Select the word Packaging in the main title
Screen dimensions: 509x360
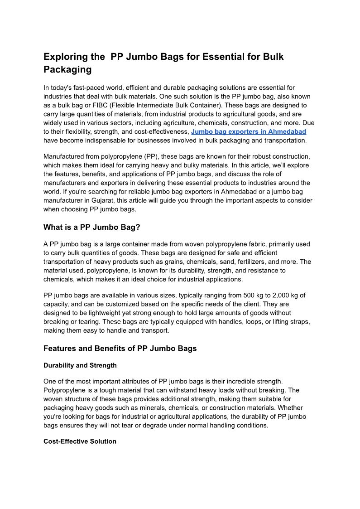[x=67, y=69]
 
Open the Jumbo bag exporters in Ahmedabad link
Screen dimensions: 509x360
[x=249, y=131]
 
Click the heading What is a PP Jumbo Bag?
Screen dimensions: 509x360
[x=92, y=227]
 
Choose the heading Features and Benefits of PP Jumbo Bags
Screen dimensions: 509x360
[x=120, y=349]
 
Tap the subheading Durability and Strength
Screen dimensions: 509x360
[x=80, y=365]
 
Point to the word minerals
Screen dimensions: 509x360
[x=134, y=408]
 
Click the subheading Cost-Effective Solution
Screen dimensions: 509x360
[x=80, y=441]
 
